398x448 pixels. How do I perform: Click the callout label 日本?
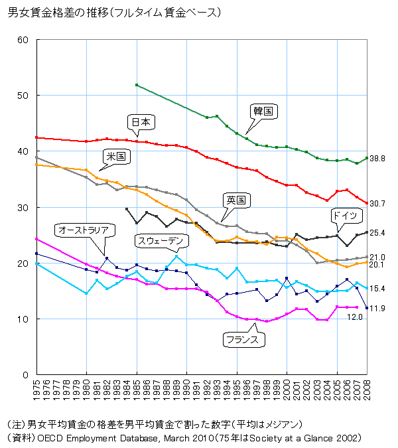[x=141, y=122]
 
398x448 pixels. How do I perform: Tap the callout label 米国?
[x=116, y=157]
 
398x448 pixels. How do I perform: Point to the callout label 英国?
[x=236, y=200]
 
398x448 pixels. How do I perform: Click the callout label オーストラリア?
[x=83, y=230]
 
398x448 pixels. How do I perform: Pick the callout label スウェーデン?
[x=159, y=240]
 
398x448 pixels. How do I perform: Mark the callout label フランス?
[x=245, y=339]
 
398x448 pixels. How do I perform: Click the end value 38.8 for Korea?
[x=378, y=159]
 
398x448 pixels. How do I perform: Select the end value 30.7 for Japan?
[x=378, y=203]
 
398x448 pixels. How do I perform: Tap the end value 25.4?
[x=378, y=233]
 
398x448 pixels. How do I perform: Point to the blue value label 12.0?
[x=356, y=317]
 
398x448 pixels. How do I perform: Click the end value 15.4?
[x=378, y=289]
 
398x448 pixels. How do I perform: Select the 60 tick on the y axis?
[x=23, y=40]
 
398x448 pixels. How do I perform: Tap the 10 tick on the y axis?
[x=23, y=319]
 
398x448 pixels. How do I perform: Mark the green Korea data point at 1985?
[x=136, y=85]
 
